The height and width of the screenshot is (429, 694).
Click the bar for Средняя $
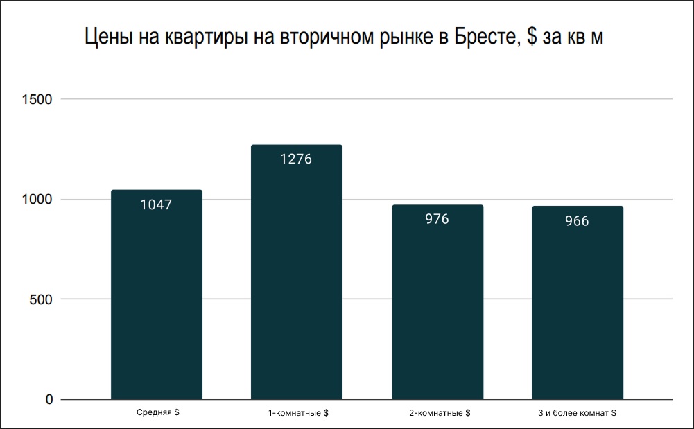pyautogui.click(x=157, y=298)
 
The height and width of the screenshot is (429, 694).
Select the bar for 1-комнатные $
pyautogui.click(x=297, y=277)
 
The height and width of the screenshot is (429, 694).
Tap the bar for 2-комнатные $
pyautogui.click(x=437, y=305)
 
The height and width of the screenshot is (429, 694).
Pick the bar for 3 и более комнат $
pyautogui.click(x=578, y=305)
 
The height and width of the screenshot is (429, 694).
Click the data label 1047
pyautogui.click(x=157, y=204)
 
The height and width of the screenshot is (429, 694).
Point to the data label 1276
pyautogui.click(x=297, y=159)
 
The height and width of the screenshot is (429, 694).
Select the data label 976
pyautogui.click(x=437, y=219)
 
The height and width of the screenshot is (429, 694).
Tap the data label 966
pyautogui.click(x=577, y=221)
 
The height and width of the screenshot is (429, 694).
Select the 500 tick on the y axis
pyautogui.click(x=41, y=299)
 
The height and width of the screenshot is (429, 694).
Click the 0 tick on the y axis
pyautogui.click(x=49, y=399)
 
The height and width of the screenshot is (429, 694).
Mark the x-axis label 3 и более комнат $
pyautogui.click(x=577, y=413)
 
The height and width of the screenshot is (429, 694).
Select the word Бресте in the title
pyautogui.click(x=487, y=38)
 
